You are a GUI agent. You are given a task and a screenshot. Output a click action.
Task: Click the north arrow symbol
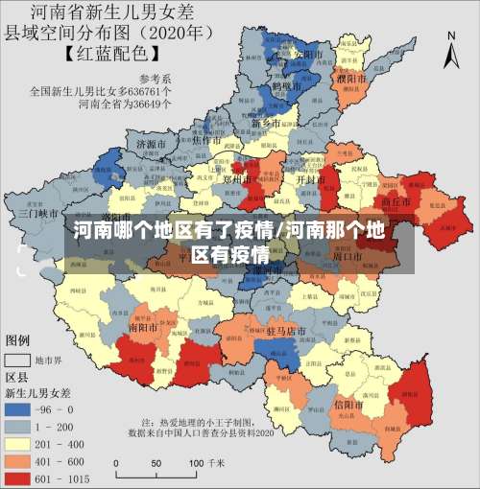click(452, 48)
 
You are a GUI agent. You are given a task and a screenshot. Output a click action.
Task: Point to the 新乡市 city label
click(266, 124)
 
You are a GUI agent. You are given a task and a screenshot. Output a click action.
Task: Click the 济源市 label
click(152, 144)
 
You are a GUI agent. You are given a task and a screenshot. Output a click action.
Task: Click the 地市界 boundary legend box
click(17, 360)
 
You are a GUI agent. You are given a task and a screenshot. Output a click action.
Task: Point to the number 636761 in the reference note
click(149, 92)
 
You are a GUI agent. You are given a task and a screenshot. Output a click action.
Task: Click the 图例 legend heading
click(18, 340)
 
